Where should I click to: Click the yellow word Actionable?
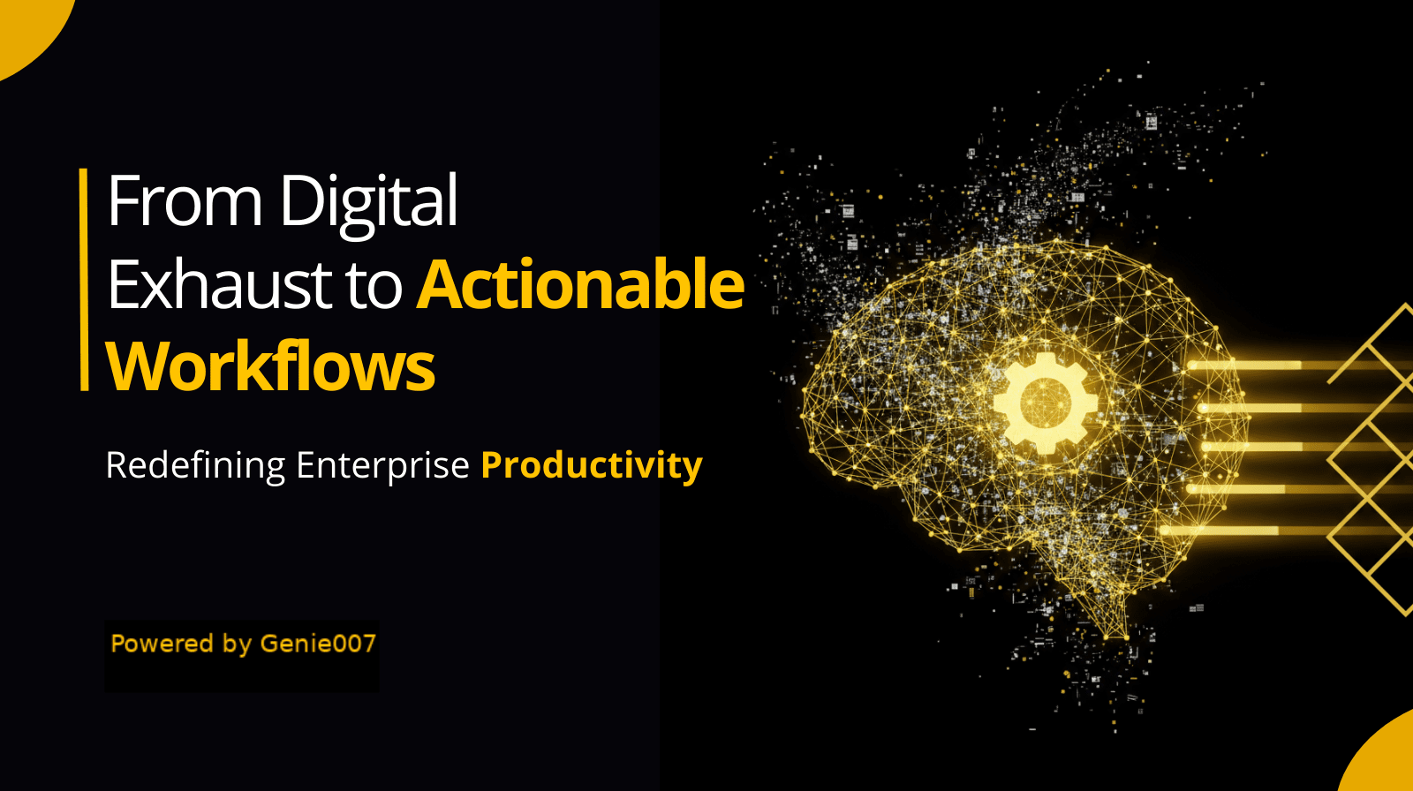580,284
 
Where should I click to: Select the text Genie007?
318,644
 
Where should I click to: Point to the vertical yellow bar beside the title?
84,280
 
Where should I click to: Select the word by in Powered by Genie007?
238,645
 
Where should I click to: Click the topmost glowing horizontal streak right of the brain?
1299,365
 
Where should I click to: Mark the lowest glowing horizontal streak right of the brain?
1287,531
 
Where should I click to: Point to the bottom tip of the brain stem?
1126,637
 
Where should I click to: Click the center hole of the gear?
1046,403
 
